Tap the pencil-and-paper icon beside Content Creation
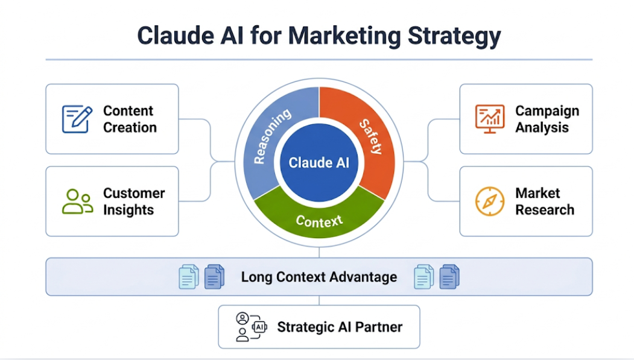point(77,119)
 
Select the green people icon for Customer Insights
point(77,201)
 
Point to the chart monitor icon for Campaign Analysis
point(489,119)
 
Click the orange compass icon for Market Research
point(489,201)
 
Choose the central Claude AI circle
point(319,162)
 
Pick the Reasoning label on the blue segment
point(272,137)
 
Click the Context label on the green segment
point(319,221)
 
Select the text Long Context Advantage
point(319,277)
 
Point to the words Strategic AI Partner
point(340,327)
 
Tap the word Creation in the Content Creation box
point(130,128)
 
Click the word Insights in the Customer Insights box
point(128,210)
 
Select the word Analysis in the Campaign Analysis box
point(542,128)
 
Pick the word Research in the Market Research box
point(545,210)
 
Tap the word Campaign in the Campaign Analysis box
point(547,111)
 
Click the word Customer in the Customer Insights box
point(134,194)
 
